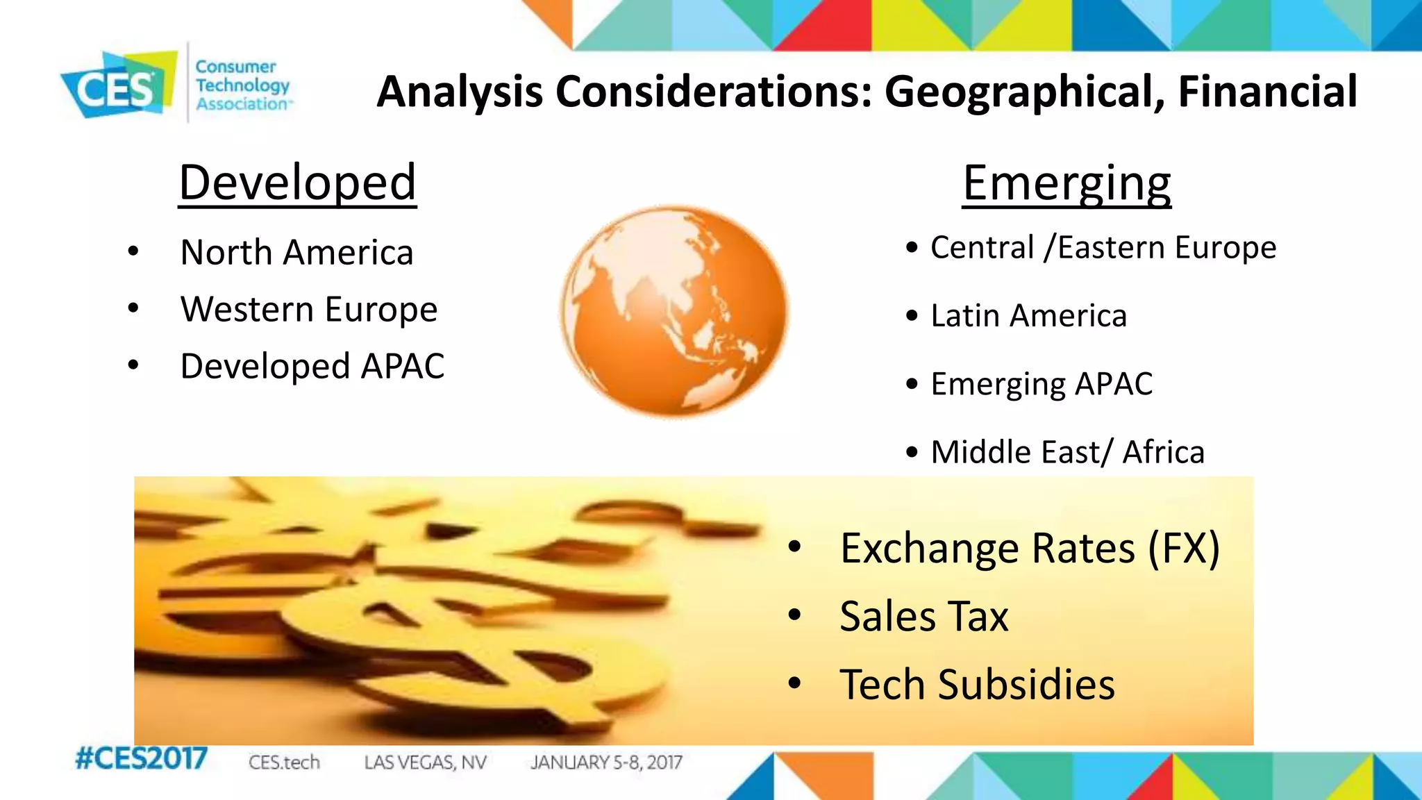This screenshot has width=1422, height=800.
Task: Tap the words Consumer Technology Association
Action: pos(242,85)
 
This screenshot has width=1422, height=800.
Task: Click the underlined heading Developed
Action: pos(297,183)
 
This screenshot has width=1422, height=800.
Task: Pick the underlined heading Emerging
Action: pos(1066,183)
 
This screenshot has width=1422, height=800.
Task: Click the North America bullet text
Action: pos(296,252)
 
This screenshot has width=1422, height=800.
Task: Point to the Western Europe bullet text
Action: pos(308,309)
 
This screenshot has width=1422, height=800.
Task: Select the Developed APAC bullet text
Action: pos(312,366)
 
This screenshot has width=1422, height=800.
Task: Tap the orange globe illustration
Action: pos(674,311)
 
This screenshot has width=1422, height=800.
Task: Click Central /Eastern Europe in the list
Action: pos(1103,247)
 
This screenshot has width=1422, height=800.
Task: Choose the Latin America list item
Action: pos(1028,315)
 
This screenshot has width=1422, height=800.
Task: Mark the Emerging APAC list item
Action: pos(1041,384)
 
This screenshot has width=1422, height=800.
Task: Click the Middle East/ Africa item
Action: pos(1067,452)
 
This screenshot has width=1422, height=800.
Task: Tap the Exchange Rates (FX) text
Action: pos(1029,549)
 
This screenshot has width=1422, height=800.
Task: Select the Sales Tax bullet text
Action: pos(923,617)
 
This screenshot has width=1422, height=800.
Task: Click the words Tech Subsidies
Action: pos(977,685)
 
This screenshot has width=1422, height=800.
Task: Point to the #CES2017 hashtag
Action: pos(141,758)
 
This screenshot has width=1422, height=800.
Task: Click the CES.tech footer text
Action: pos(284,762)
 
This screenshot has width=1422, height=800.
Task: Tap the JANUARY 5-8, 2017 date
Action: pos(606,762)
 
